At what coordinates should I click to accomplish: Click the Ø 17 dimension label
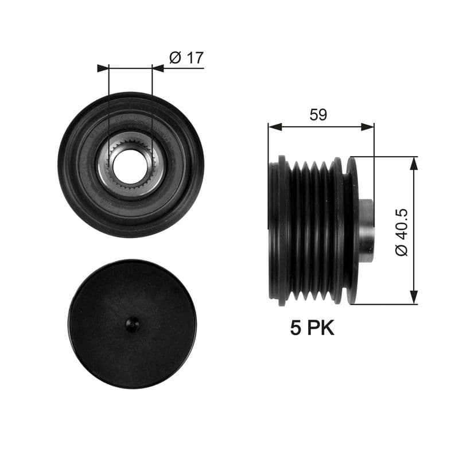(x=186, y=57)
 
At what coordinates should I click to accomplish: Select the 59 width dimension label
(x=318, y=114)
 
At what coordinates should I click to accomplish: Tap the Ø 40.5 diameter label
(x=402, y=231)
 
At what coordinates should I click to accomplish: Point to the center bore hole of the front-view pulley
(x=130, y=166)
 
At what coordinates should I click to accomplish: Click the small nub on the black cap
(x=133, y=324)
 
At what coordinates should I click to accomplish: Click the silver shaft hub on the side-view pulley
(x=366, y=229)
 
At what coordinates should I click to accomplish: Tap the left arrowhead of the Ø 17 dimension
(x=103, y=68)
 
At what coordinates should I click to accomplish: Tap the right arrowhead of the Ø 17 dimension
(x=158, y=68)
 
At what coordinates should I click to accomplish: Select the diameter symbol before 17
(x=176, y=57)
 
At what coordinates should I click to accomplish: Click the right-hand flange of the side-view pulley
(x=352, y=229)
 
